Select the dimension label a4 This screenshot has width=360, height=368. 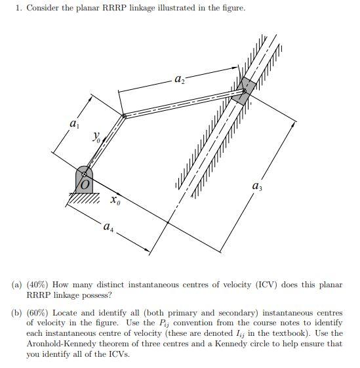click(108, 227)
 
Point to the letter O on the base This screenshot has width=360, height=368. click(85, 186)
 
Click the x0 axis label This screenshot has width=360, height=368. click(115, 200)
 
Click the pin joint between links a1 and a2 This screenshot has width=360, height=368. click(123, 117)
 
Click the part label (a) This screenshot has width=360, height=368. click(16, 285)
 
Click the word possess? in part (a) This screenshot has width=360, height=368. click(96, 295)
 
